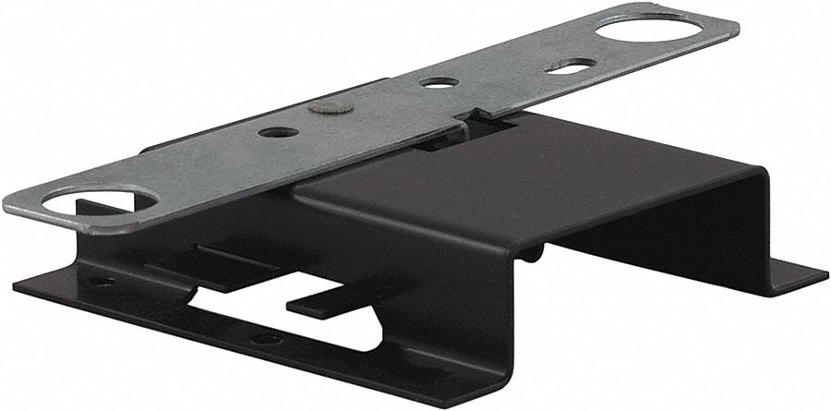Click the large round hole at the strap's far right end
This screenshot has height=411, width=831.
pos(656,27)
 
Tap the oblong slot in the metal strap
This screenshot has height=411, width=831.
pos(570,66)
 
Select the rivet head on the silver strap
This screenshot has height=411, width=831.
pos(329,108)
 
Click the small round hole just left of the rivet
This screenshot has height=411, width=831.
pos(278,132)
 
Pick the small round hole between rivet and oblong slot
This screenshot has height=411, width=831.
pos(439,82)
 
